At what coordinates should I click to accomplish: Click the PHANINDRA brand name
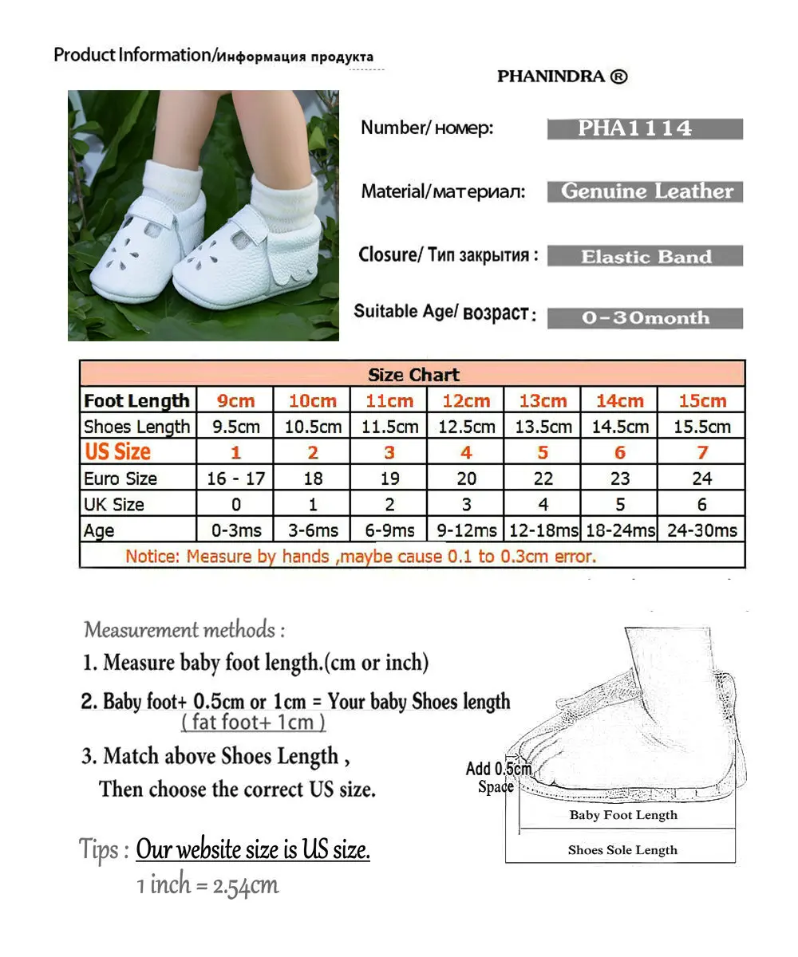point(562,77)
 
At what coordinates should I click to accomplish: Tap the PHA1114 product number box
point(645,129)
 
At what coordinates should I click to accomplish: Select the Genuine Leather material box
point(645,191)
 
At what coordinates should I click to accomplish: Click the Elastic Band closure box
point(645,257)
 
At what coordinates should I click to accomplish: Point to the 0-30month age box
point(645,318)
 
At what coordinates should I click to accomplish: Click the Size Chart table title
point(413,375)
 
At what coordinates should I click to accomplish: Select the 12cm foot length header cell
point(466,401)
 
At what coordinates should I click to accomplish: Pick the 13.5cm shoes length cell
point(543,427)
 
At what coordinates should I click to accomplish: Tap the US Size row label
point(118,452)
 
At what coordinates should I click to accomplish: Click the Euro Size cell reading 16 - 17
point(235,478)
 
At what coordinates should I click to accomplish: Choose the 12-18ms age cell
point(543,530)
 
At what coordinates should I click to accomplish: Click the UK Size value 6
point(701,505)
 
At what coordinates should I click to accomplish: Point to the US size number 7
point(701,453)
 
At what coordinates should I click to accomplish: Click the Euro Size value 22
point(543,478)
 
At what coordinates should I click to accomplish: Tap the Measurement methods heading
point(184,630)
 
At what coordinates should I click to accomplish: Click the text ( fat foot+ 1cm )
point(253,723)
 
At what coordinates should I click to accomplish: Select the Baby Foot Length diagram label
point(622,815)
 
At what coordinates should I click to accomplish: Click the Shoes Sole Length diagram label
point(622,850)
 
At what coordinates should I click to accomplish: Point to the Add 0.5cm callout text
point(499,769)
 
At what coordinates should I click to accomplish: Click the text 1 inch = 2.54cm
point(207,884)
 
